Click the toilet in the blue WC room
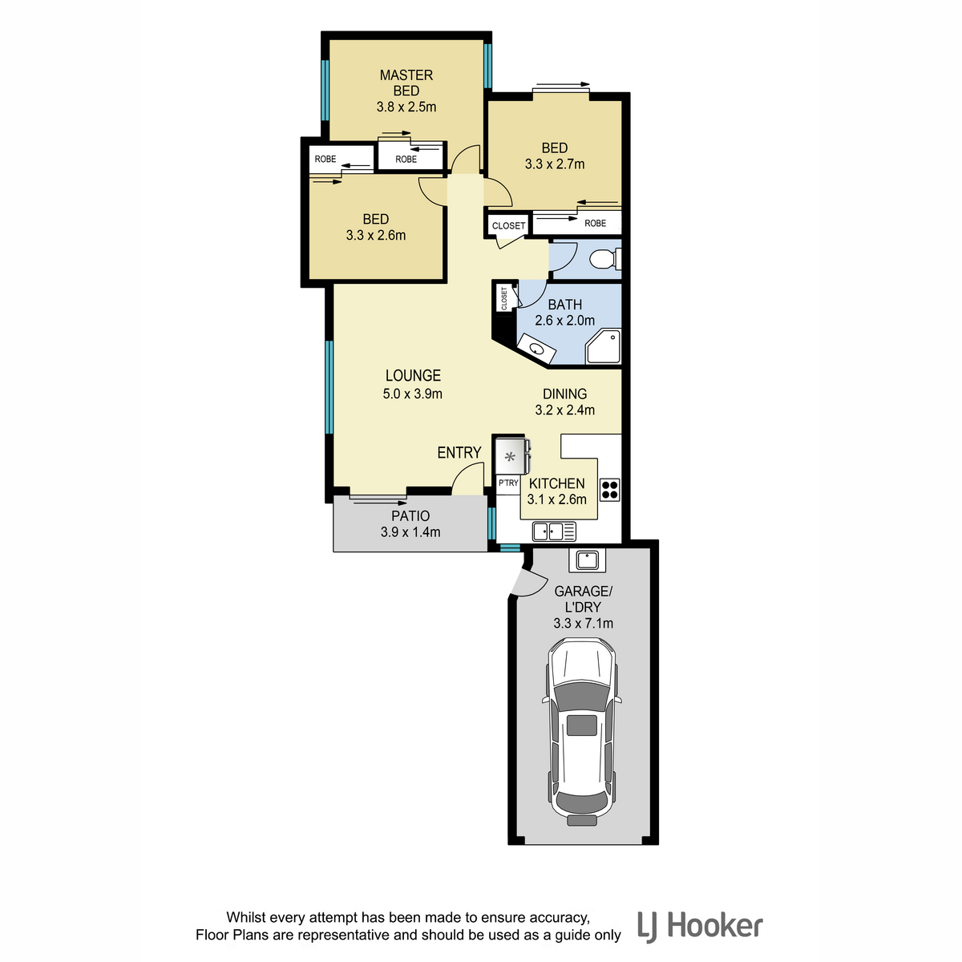[605, 259]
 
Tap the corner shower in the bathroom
[603, 346]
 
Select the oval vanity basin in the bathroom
[536, 349]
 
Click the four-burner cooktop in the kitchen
[609, 489]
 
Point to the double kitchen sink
[554, 532]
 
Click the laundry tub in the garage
[587, 560]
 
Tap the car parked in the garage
[582, 738]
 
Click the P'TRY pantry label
[508, 483]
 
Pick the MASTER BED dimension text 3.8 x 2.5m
[406, 107]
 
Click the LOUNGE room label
[413, 375]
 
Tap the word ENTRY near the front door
[459, 452]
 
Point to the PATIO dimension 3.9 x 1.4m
[410, 532]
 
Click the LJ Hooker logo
[700, 927]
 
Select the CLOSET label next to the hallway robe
[509, 225]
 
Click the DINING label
[564, 394]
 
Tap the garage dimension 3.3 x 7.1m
[583, 623]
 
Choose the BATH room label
[564, 305]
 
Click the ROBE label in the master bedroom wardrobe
[406, 160]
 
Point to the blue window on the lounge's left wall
[329, 387]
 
